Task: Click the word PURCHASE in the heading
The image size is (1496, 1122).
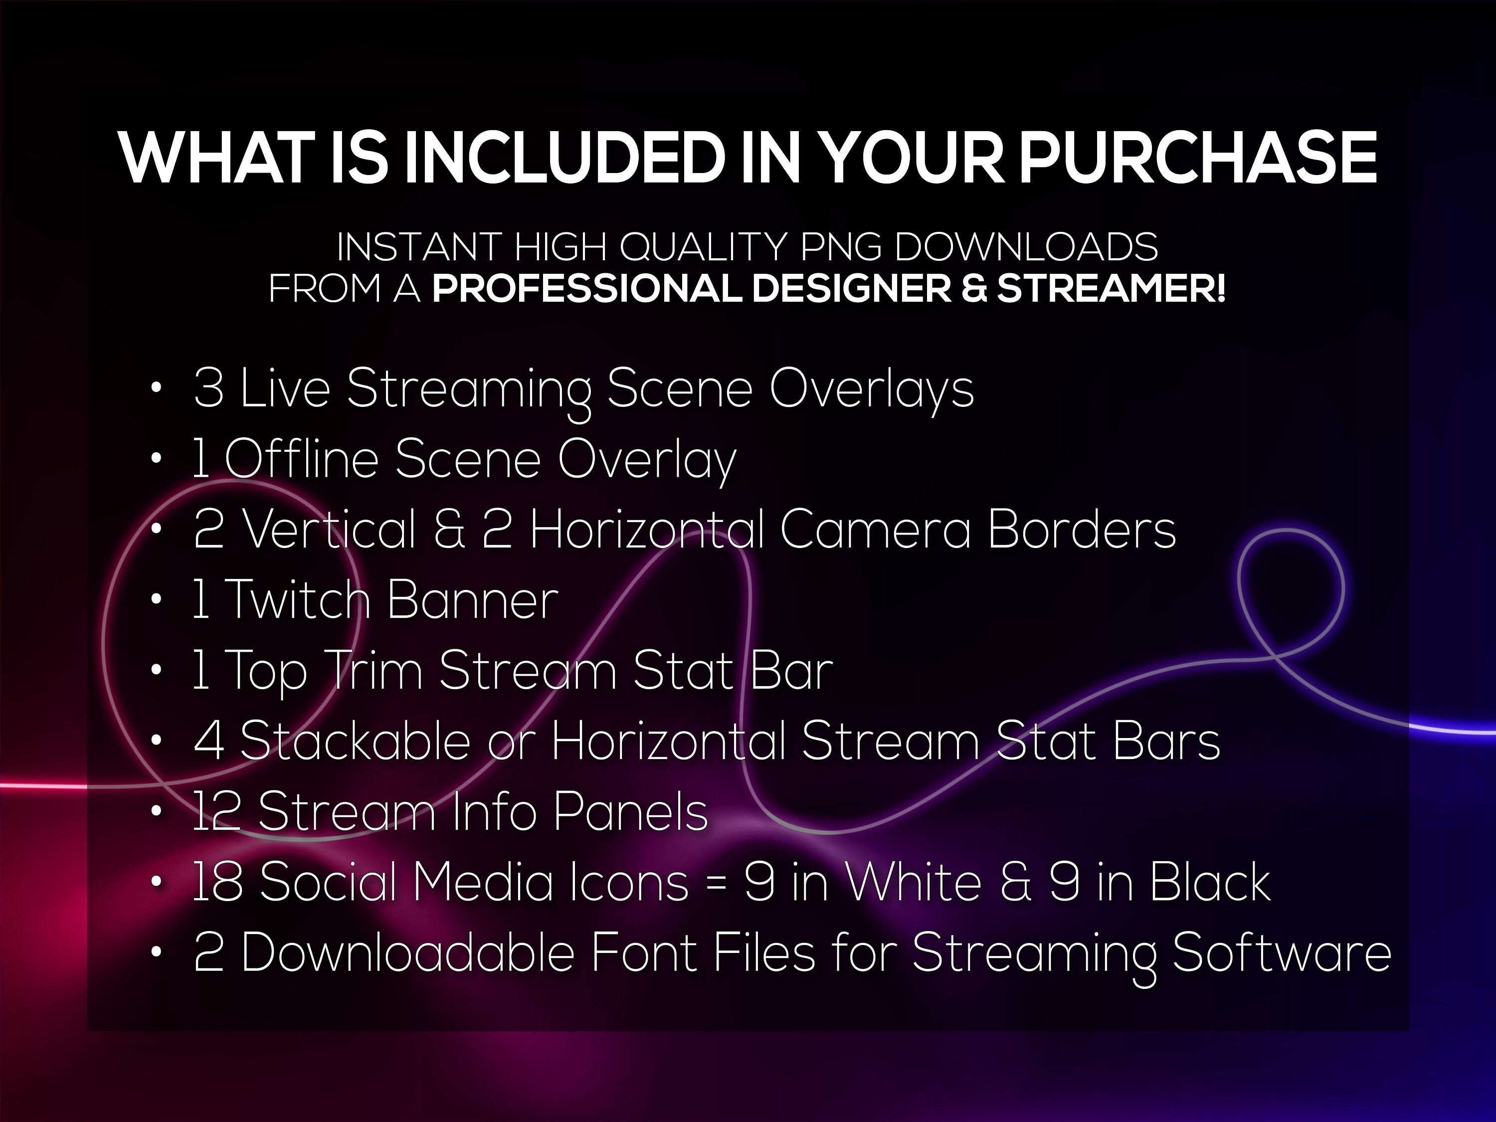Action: (1198, 158)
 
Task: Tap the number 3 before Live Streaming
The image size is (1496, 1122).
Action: (208, 389)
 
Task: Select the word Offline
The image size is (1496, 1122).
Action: (301, 459)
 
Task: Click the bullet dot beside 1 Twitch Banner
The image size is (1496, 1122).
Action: (156, 600)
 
